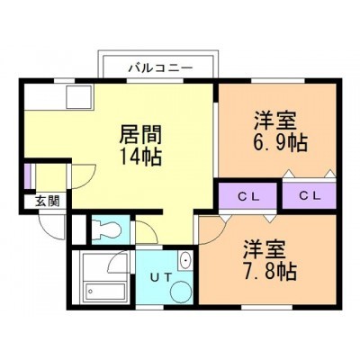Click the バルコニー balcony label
point(160,68)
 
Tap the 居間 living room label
point(140,134)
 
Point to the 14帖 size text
point(140,157)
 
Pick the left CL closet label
point(248,196)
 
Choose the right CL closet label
point(310,196)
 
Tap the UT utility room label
point(161,277)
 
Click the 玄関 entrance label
point(47,202)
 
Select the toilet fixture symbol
point(106,230)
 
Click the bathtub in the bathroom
point(105,292)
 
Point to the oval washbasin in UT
point(186,261)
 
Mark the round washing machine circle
point(180,291)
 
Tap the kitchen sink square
point(78,97)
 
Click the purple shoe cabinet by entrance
point(27,176)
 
